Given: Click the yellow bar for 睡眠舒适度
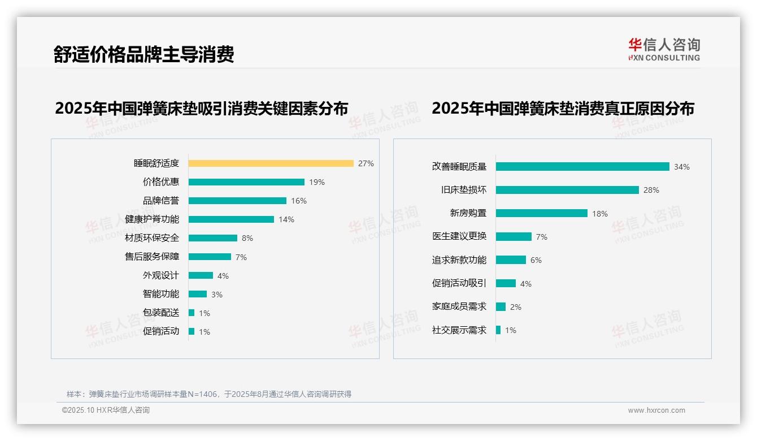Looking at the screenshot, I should (x=271, y=163).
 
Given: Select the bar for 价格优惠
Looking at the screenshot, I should (x=246, y=182).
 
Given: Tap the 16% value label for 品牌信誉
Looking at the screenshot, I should (x=299, y=201).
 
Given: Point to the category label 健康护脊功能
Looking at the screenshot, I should (x=152, y=219).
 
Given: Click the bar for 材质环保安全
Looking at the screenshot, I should (x=213, y=238).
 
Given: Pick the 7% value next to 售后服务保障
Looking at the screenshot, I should (x=241, y=257).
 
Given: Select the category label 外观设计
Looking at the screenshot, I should (x=161, y=275).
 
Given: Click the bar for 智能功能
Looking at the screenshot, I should (x=198, y=294).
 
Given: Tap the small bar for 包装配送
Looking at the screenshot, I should (x=192, y=313).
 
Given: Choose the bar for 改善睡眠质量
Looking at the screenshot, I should (x=582, y=167).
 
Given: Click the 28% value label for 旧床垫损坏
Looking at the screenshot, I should (x=651, y=190).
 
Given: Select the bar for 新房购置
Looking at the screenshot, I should (x=542, y=213).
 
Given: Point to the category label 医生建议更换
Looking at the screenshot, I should (x=459, y=236).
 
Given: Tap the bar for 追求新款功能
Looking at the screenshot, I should (x=511, y=260).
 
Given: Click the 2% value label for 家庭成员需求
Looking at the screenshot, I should (x=516, y=307).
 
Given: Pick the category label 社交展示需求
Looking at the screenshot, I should (x=459, y=330).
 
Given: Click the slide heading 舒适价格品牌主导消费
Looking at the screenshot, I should (x=143, y=54).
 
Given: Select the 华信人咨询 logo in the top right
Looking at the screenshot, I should (x=664, y=49).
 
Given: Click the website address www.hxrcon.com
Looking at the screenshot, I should (x=656, y=410).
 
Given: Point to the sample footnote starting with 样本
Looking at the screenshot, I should (x=209, y=394).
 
